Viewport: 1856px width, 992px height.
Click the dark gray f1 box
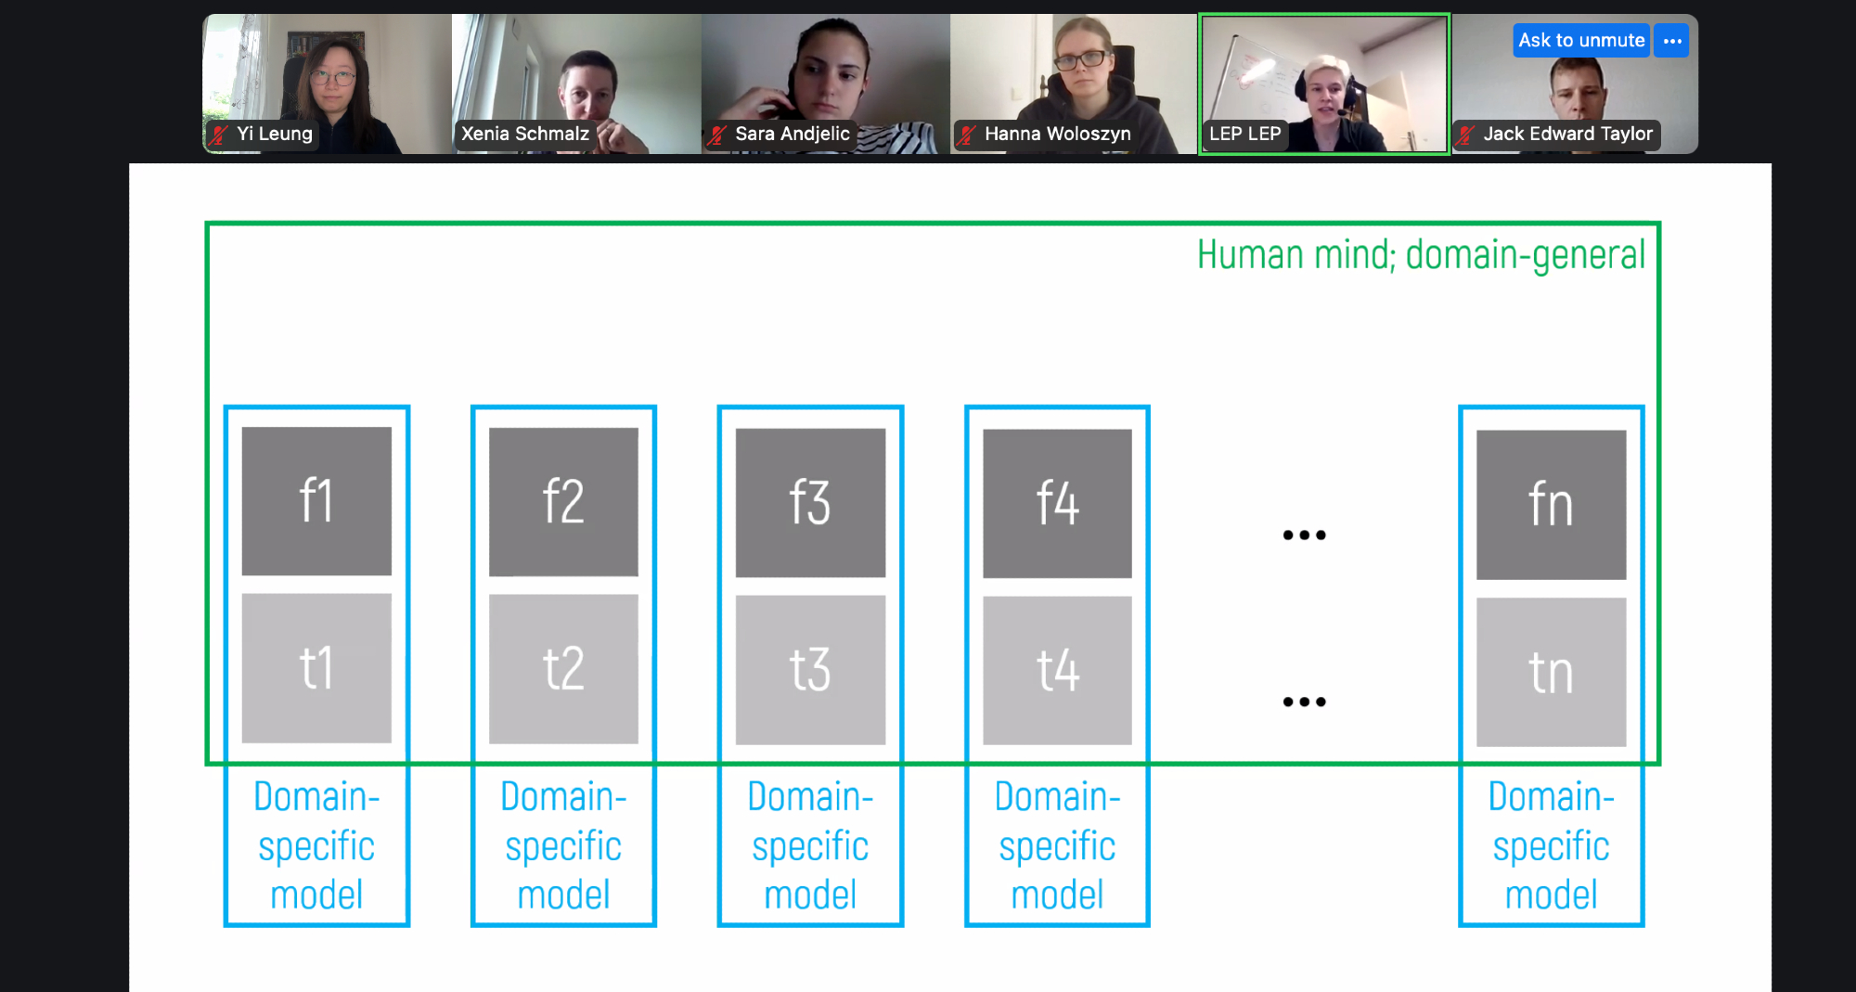click(316, 500)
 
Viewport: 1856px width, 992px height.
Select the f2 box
click(563, 501)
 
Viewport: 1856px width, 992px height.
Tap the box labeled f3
click(810, 502)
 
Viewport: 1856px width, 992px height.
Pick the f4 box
click(1057, 503)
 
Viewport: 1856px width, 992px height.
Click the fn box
click(1551, 505)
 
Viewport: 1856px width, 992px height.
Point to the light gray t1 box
click(316, 668)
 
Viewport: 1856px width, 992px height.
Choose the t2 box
click(563, 669)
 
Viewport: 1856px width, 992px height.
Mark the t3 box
click(810, 670)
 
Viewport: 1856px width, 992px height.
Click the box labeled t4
click(1057, 671)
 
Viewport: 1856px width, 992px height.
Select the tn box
click(1551, 673)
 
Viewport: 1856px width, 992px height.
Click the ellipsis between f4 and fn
click(1304, 535)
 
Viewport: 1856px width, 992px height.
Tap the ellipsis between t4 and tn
click(1304, 702)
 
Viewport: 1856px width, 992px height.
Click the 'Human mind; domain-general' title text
click(1420, 255)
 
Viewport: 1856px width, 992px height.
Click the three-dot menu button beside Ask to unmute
click(1672, 41)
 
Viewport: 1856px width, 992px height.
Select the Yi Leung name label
click(274, 134)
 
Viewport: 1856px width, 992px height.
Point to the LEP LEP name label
click(1244, 134)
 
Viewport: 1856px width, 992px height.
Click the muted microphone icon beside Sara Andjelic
click(717, 135)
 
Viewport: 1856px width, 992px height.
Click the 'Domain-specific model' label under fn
click(1551, 845)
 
